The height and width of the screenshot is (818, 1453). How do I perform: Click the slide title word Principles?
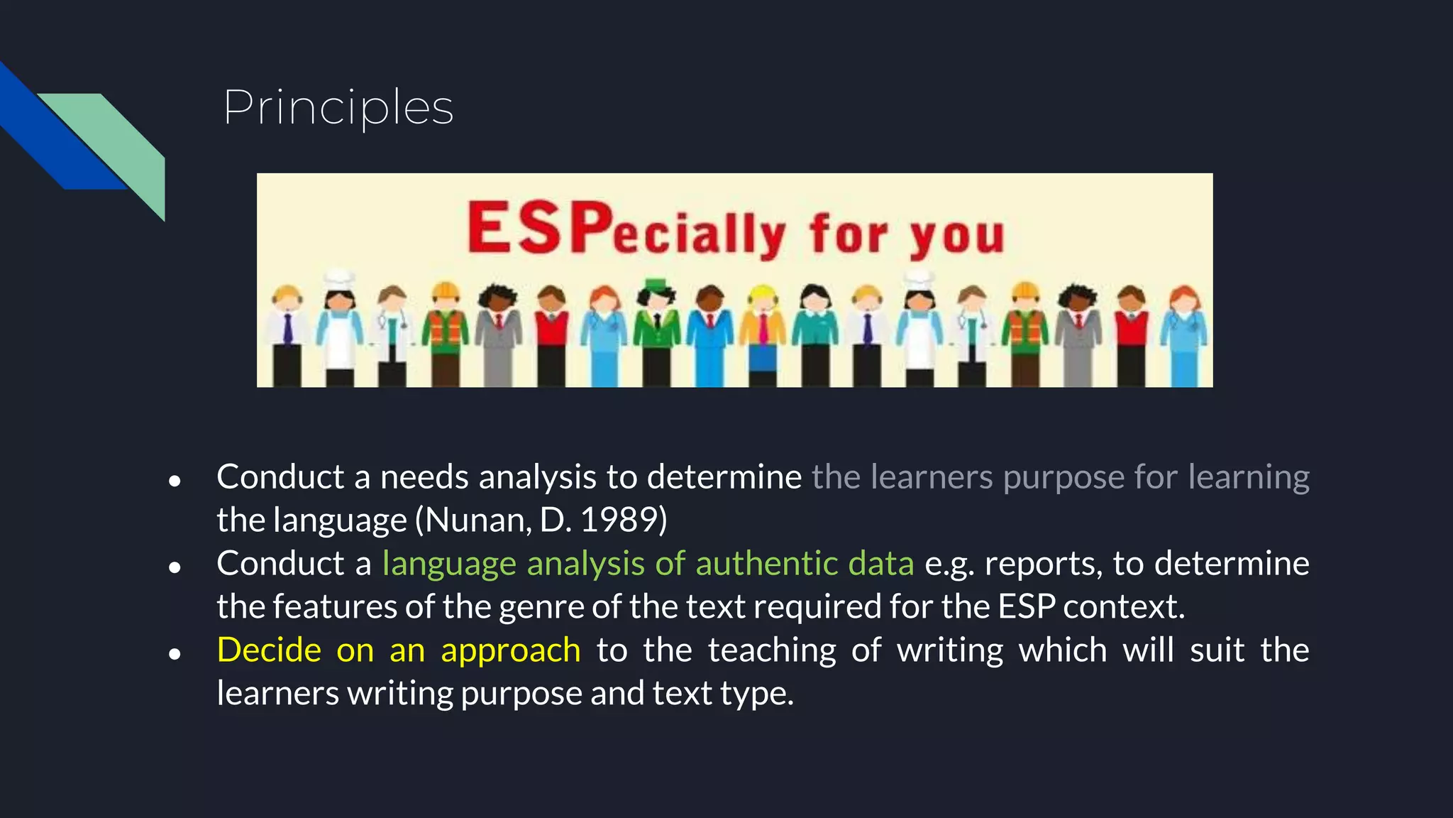tap(338, 108)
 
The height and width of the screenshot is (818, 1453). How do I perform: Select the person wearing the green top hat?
tap(656, 334)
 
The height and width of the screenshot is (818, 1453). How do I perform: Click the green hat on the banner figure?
tap(656, 285)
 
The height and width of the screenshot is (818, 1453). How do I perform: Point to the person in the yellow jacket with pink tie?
tap(763, 334)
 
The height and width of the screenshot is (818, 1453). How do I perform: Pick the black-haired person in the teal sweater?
tap(815, 334)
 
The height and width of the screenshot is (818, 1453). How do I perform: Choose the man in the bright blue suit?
tap(710, 334)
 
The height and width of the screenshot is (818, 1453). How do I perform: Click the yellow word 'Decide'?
tap(269, 650)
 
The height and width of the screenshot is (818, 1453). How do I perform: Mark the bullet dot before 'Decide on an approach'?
tap(175, 654)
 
